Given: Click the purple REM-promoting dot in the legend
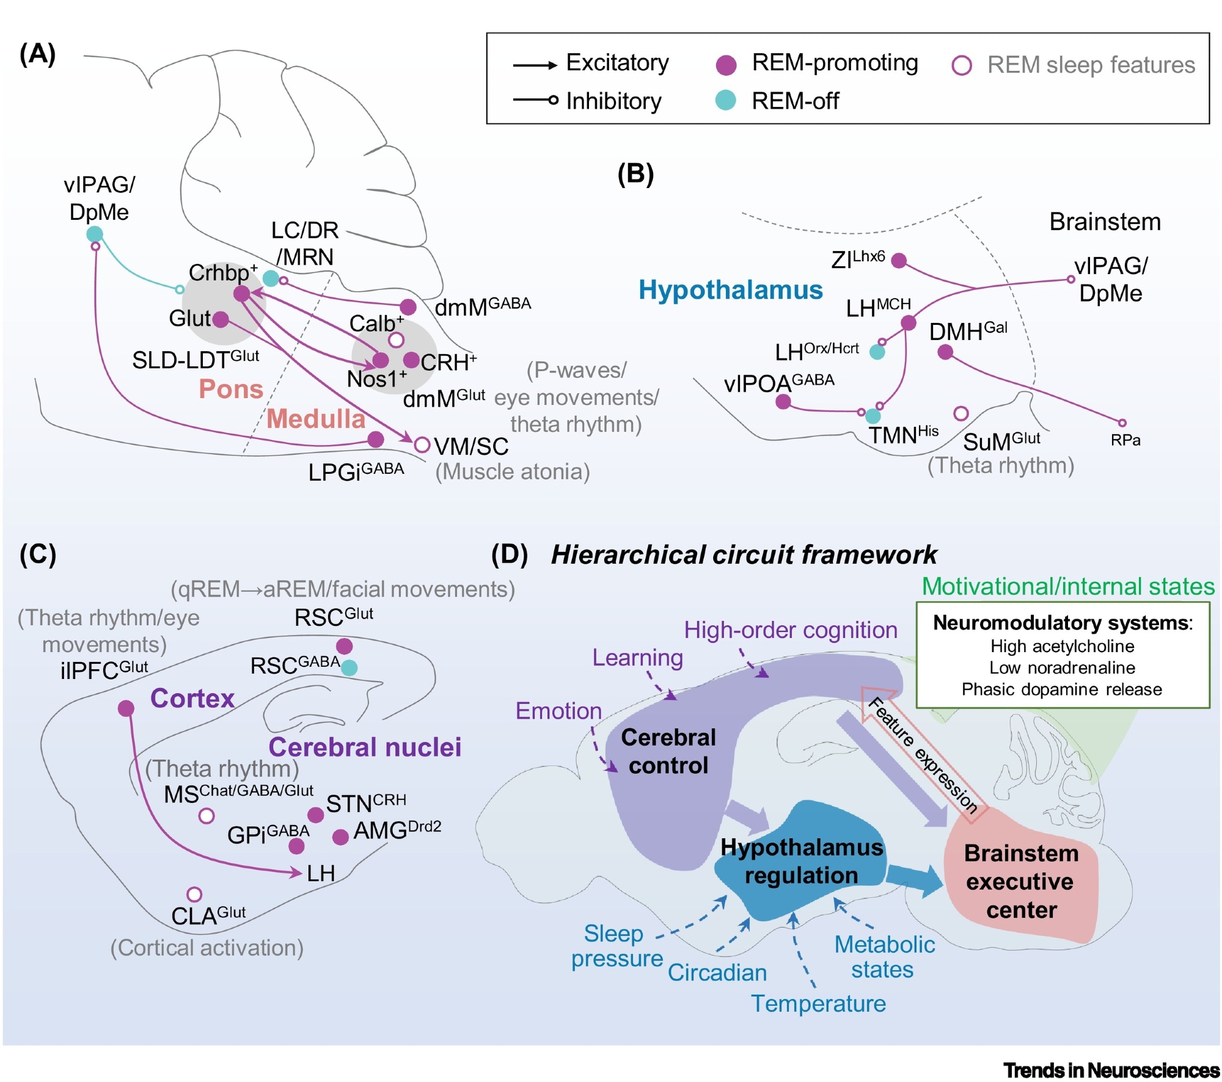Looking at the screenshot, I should coord(726,64).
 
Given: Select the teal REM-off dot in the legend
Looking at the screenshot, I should coord(725,100).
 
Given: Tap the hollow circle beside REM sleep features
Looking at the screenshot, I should coord(962,65).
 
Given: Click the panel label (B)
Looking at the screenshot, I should coord(635,174).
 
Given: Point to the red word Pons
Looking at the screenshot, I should coord(231,389).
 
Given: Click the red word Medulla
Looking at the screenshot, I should coord(316,419).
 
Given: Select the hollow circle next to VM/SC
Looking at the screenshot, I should coord(422,445).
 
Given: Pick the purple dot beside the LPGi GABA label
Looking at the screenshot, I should coord(376,439).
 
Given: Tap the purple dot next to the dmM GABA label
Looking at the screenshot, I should coord(408,307).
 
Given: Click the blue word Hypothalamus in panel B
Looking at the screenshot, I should coord(731,289).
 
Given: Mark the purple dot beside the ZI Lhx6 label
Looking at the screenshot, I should coord(899,261).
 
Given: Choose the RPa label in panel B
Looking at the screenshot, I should coord(1125,440).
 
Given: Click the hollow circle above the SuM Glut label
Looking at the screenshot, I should coord(961,414).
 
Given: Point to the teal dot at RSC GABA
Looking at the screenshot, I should coord(349,667).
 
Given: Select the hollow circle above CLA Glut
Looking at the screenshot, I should coord(194,895).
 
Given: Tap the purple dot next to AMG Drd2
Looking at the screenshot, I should coord(340,837).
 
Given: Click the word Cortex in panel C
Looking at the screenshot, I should coord(192,698).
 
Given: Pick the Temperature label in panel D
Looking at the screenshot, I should coord(818,1003).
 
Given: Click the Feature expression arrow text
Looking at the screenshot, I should coord(922,754).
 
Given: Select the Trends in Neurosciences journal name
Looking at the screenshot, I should coord(1111,1070).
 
